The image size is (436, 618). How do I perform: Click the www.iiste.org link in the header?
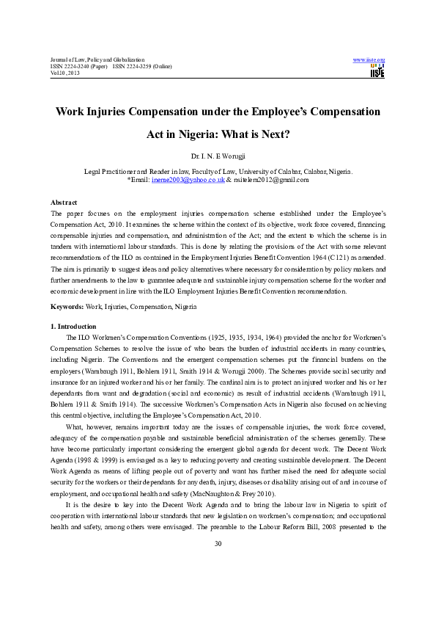click(369, 59)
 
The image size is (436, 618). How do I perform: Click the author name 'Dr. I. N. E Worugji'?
click(218, 156)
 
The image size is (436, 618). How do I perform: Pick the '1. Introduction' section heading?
click(73, 326)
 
